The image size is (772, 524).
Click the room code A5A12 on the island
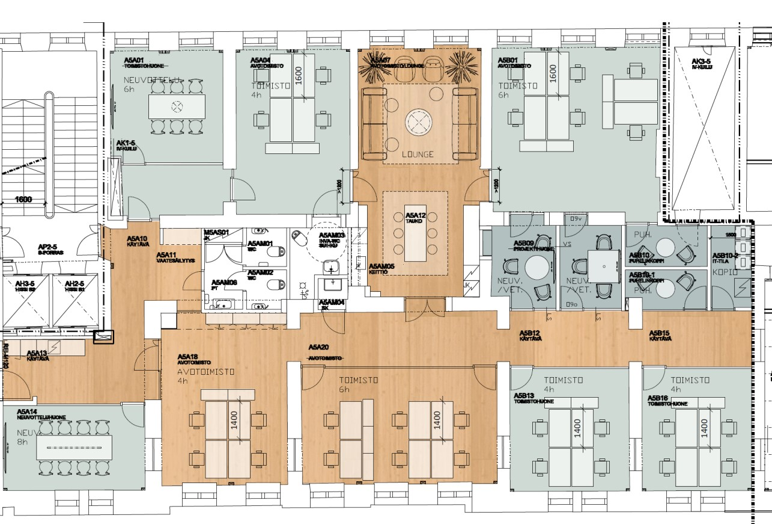(415, 215)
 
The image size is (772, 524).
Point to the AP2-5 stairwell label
(47, 247)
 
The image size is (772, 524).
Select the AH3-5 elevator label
(25, 283)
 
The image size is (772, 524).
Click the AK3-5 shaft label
(701, 61)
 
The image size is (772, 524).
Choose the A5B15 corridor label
(660, 333)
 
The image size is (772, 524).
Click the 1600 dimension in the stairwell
(24, 199)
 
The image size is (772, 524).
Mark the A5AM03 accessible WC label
(332, 235)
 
